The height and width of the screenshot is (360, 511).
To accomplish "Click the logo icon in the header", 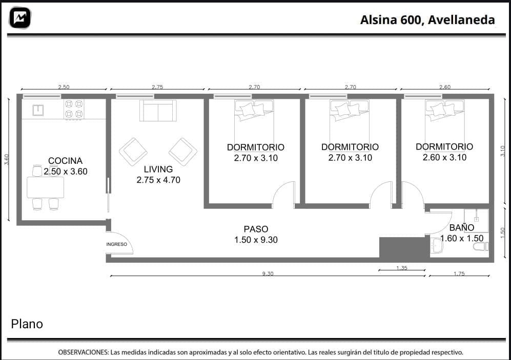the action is click(x=20, y=18).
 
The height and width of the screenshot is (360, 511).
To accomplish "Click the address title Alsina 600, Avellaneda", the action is click(x=427, y=20).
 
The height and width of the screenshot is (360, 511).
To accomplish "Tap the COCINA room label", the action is click(x=65, y=160).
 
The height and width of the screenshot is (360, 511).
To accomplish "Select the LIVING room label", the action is click(x=158, y=169).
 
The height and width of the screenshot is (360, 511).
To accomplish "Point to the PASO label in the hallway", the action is click(x=256, y=229).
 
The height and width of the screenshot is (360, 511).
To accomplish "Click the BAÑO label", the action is click(x=461, y=227).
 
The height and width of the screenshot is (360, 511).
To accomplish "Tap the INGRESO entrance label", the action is click(x=117, y=244).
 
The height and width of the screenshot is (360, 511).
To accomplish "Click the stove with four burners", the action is click(x=74, y=109).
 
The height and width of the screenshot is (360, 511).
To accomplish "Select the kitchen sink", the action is click(x=38, y=110).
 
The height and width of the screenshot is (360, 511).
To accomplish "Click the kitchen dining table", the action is click(x=45, y=187).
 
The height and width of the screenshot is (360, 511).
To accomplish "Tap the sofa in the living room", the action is click(x=158, y=110).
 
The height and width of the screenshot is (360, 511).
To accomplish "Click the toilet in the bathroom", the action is click(x=481, y=246).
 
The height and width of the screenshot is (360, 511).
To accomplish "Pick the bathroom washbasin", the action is click(x=437, y=245).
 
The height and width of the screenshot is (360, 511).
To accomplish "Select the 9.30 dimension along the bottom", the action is click(x=268, y=273).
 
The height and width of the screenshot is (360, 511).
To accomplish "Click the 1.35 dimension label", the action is click(x=402, y=268).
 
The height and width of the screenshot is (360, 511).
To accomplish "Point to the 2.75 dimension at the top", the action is click(x=157, y=87).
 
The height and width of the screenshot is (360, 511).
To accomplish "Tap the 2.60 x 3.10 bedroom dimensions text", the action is click(x=444, y=157).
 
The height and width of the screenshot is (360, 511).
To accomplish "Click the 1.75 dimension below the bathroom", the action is click(x=459, y=273).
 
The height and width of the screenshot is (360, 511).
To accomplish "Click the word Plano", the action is click(x=27, y=324).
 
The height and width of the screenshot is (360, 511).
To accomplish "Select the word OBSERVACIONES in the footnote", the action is click(x=83, y=352).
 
